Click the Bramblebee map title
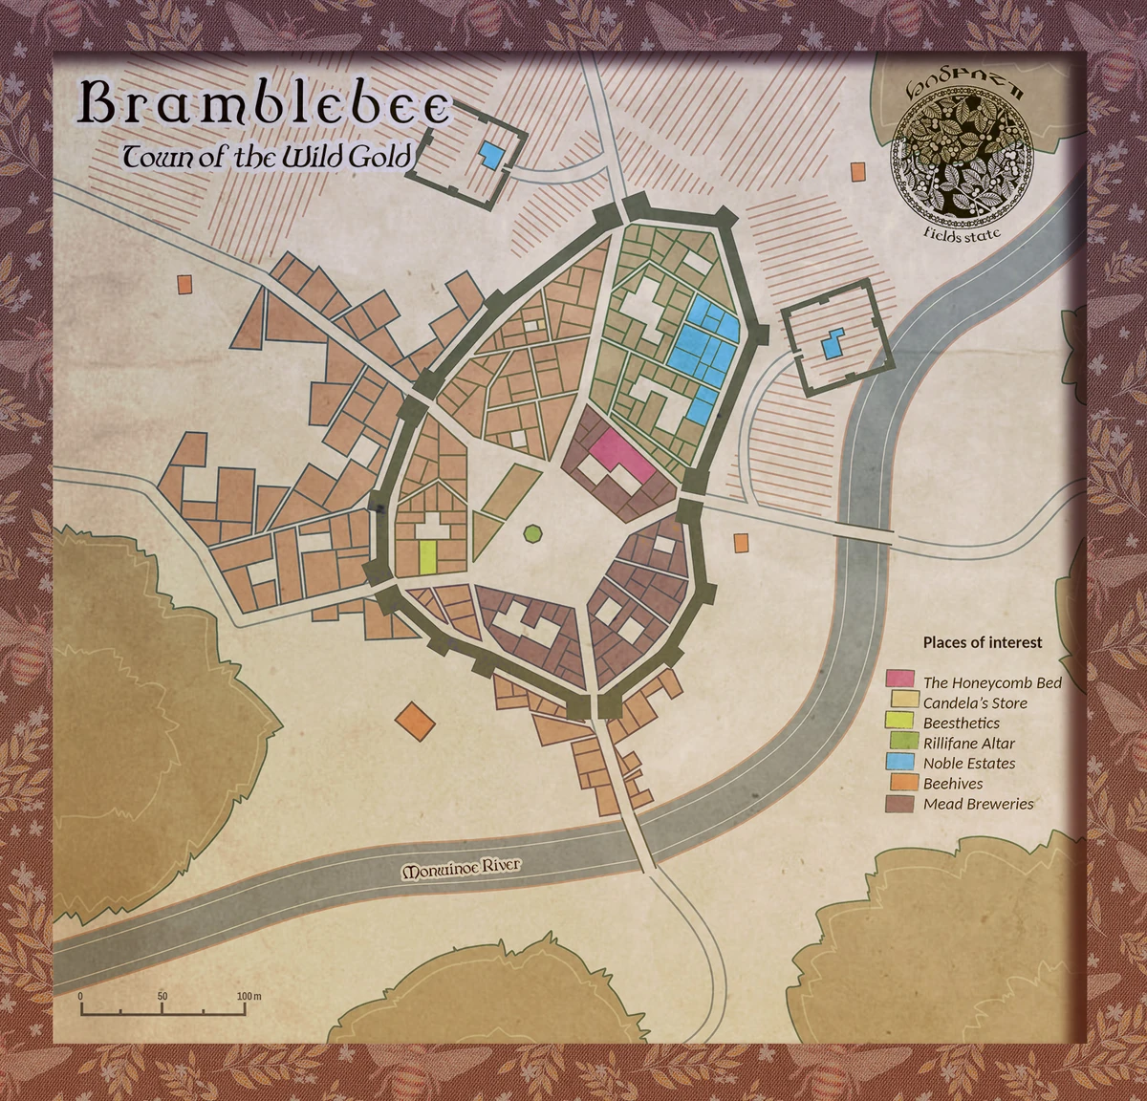click(x=263, y=104)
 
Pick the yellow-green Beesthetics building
click(x=427, y=556)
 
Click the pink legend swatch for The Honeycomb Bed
click(x=900, y=680)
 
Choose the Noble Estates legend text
click(x=968, y=764)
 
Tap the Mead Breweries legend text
click(x=978, y=804)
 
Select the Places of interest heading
click(x=982, y=642)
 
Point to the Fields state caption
click(x=963, y=232)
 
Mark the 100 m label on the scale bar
click(x=249, y=996)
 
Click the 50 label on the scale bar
click(x=162, y=996)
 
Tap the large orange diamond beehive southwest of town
click(x=415, y=720)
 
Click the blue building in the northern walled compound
click(x=490, y=155)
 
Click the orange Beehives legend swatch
click(x=900, y=783)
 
